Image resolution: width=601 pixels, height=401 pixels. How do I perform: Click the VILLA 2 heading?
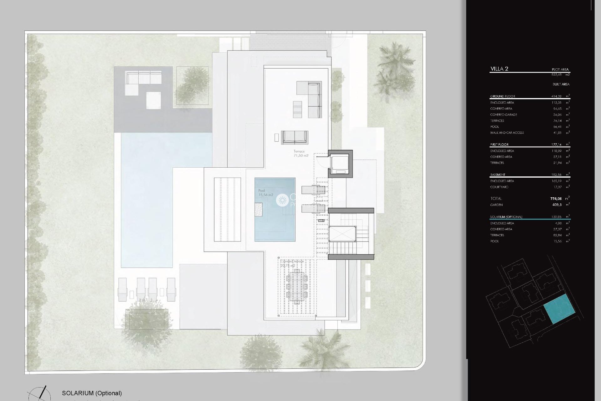click(x=499, y=69)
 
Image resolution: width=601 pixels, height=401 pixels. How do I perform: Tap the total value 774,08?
click(x=556, y=199)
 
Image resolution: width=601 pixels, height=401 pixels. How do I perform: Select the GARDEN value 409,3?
click(x=557, y=205)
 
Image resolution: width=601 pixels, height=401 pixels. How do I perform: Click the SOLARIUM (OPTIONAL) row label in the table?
click(x=506, y=217)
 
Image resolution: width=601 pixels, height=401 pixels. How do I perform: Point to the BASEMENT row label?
click(x=498, y=175)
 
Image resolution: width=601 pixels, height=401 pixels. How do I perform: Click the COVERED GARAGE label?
click(x=503, y=115)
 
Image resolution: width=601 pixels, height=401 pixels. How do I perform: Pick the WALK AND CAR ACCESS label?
click(x=507, y=133)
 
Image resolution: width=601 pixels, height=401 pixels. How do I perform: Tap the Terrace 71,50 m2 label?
click(x=300, y=153)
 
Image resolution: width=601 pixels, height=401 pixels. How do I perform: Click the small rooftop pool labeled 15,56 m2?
click(x=275, y=209)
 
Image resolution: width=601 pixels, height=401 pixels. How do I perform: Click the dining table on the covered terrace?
click(x=296, y=286)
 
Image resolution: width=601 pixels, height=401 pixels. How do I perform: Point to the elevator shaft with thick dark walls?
click(x=340, y=164)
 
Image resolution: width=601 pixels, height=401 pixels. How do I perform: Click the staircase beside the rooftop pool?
click(x=351, y=234)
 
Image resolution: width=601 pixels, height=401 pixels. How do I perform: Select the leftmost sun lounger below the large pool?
click(x=122, y=289)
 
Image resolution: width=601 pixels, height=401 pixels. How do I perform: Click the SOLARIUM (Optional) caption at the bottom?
click(x=92, y=393)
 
